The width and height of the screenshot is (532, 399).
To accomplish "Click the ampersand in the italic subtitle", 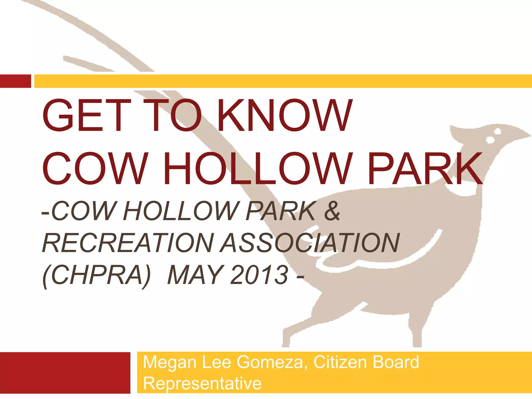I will pos(332,211).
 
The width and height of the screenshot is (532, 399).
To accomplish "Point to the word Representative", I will pos(202,383).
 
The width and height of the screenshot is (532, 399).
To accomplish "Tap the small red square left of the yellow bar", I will pos(15,81).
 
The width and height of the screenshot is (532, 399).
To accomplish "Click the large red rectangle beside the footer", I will pos(65,373).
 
